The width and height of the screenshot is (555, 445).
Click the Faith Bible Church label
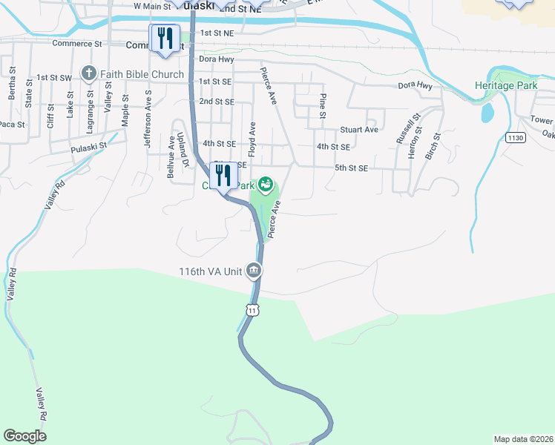(x=142, y=74)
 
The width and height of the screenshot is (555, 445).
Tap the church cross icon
(x=90, y=73)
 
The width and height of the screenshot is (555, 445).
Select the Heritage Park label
(x=506, y=86)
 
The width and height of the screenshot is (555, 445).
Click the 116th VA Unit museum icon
(x=254, y=271)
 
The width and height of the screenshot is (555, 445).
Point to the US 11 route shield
(x=253, y=309)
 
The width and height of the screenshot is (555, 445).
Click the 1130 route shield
(x=515, y=137)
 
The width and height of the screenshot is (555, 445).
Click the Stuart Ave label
(x=359, y=130)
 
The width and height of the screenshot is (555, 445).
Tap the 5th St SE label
(x=351, y=168)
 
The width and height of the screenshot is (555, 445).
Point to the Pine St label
(x=323, y=106)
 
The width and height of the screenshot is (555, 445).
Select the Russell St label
(x=408, y=128)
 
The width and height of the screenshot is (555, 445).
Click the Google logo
(x=24, y=436)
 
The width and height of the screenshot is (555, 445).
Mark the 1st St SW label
(x=54, y=77)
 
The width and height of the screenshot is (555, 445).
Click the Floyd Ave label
(x=252, y=139)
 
